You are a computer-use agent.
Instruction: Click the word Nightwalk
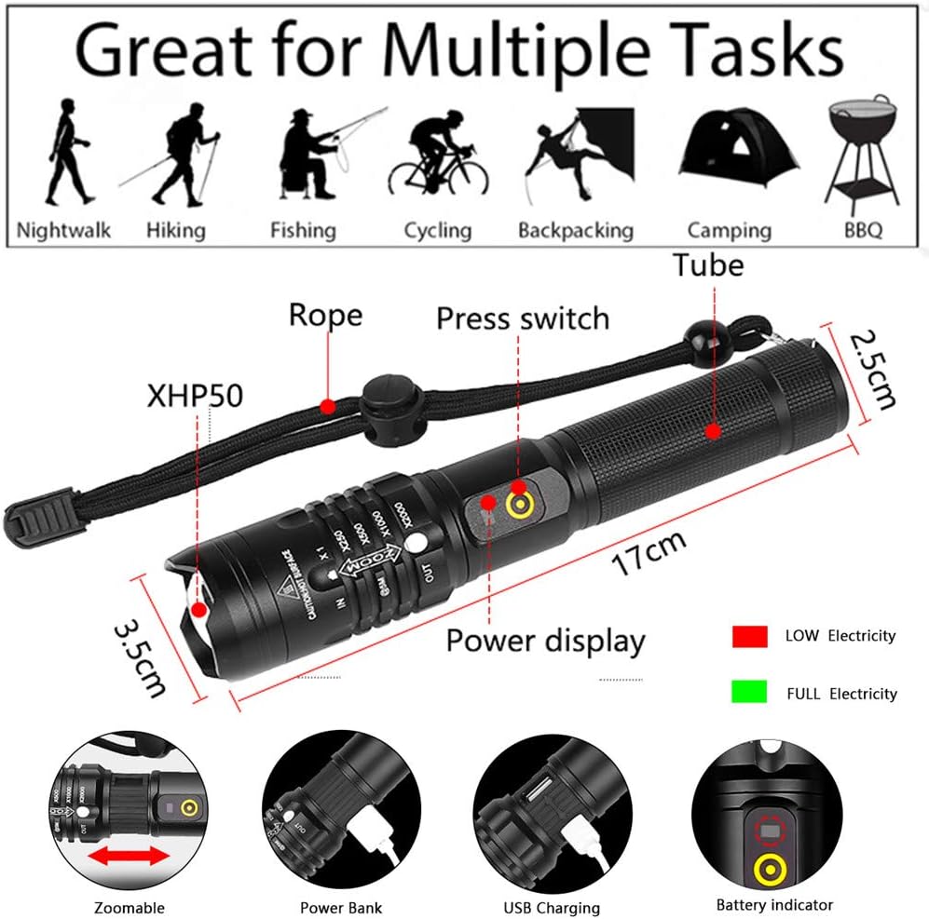click(x=63, y=230)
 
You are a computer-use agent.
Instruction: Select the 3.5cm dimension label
click(x=140, y=659)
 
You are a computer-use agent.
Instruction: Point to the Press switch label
click(x=523, y=318)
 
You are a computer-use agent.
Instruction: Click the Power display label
click(x=545, y=641)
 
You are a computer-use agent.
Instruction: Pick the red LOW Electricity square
click(x=749, y=637)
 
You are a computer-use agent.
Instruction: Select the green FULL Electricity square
click(x=749, y=692)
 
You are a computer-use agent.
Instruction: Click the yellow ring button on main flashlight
click(x=518, y=504)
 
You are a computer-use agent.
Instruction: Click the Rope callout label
click(x=325, y=315)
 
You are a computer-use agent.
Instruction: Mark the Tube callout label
click(x=710, y=265)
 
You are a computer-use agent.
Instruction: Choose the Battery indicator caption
click(x=774, y=904)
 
